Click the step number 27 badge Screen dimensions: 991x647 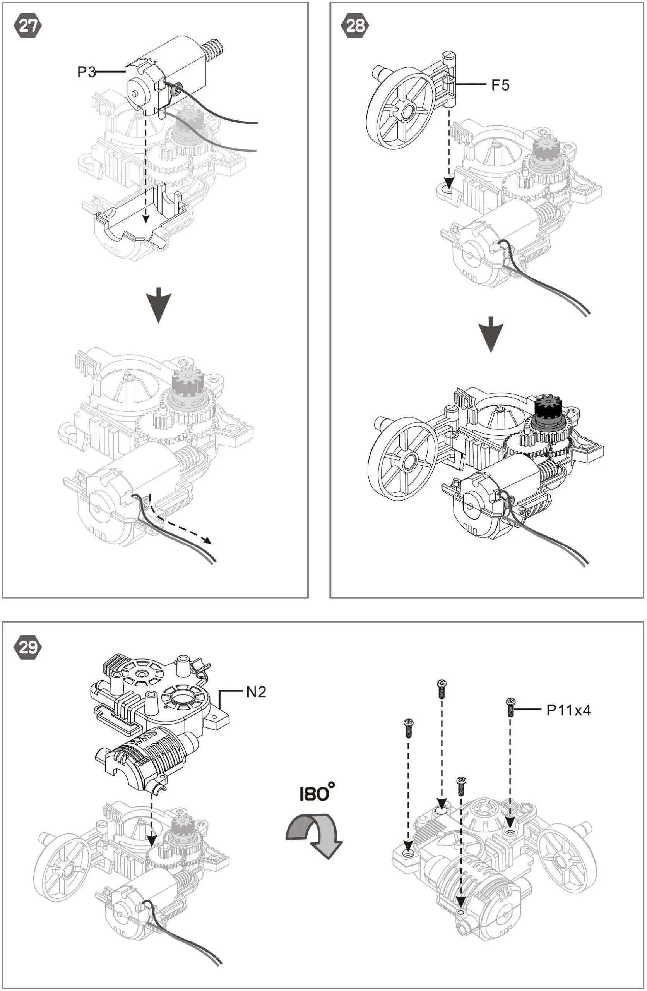click(28, 26)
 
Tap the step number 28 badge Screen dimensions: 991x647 click(355, 26)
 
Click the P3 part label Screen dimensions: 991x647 click(86, 72)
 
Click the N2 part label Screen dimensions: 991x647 click(256, 692)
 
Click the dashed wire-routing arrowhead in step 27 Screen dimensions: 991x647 click(207, 541)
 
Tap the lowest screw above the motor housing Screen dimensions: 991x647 click(461, 785)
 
